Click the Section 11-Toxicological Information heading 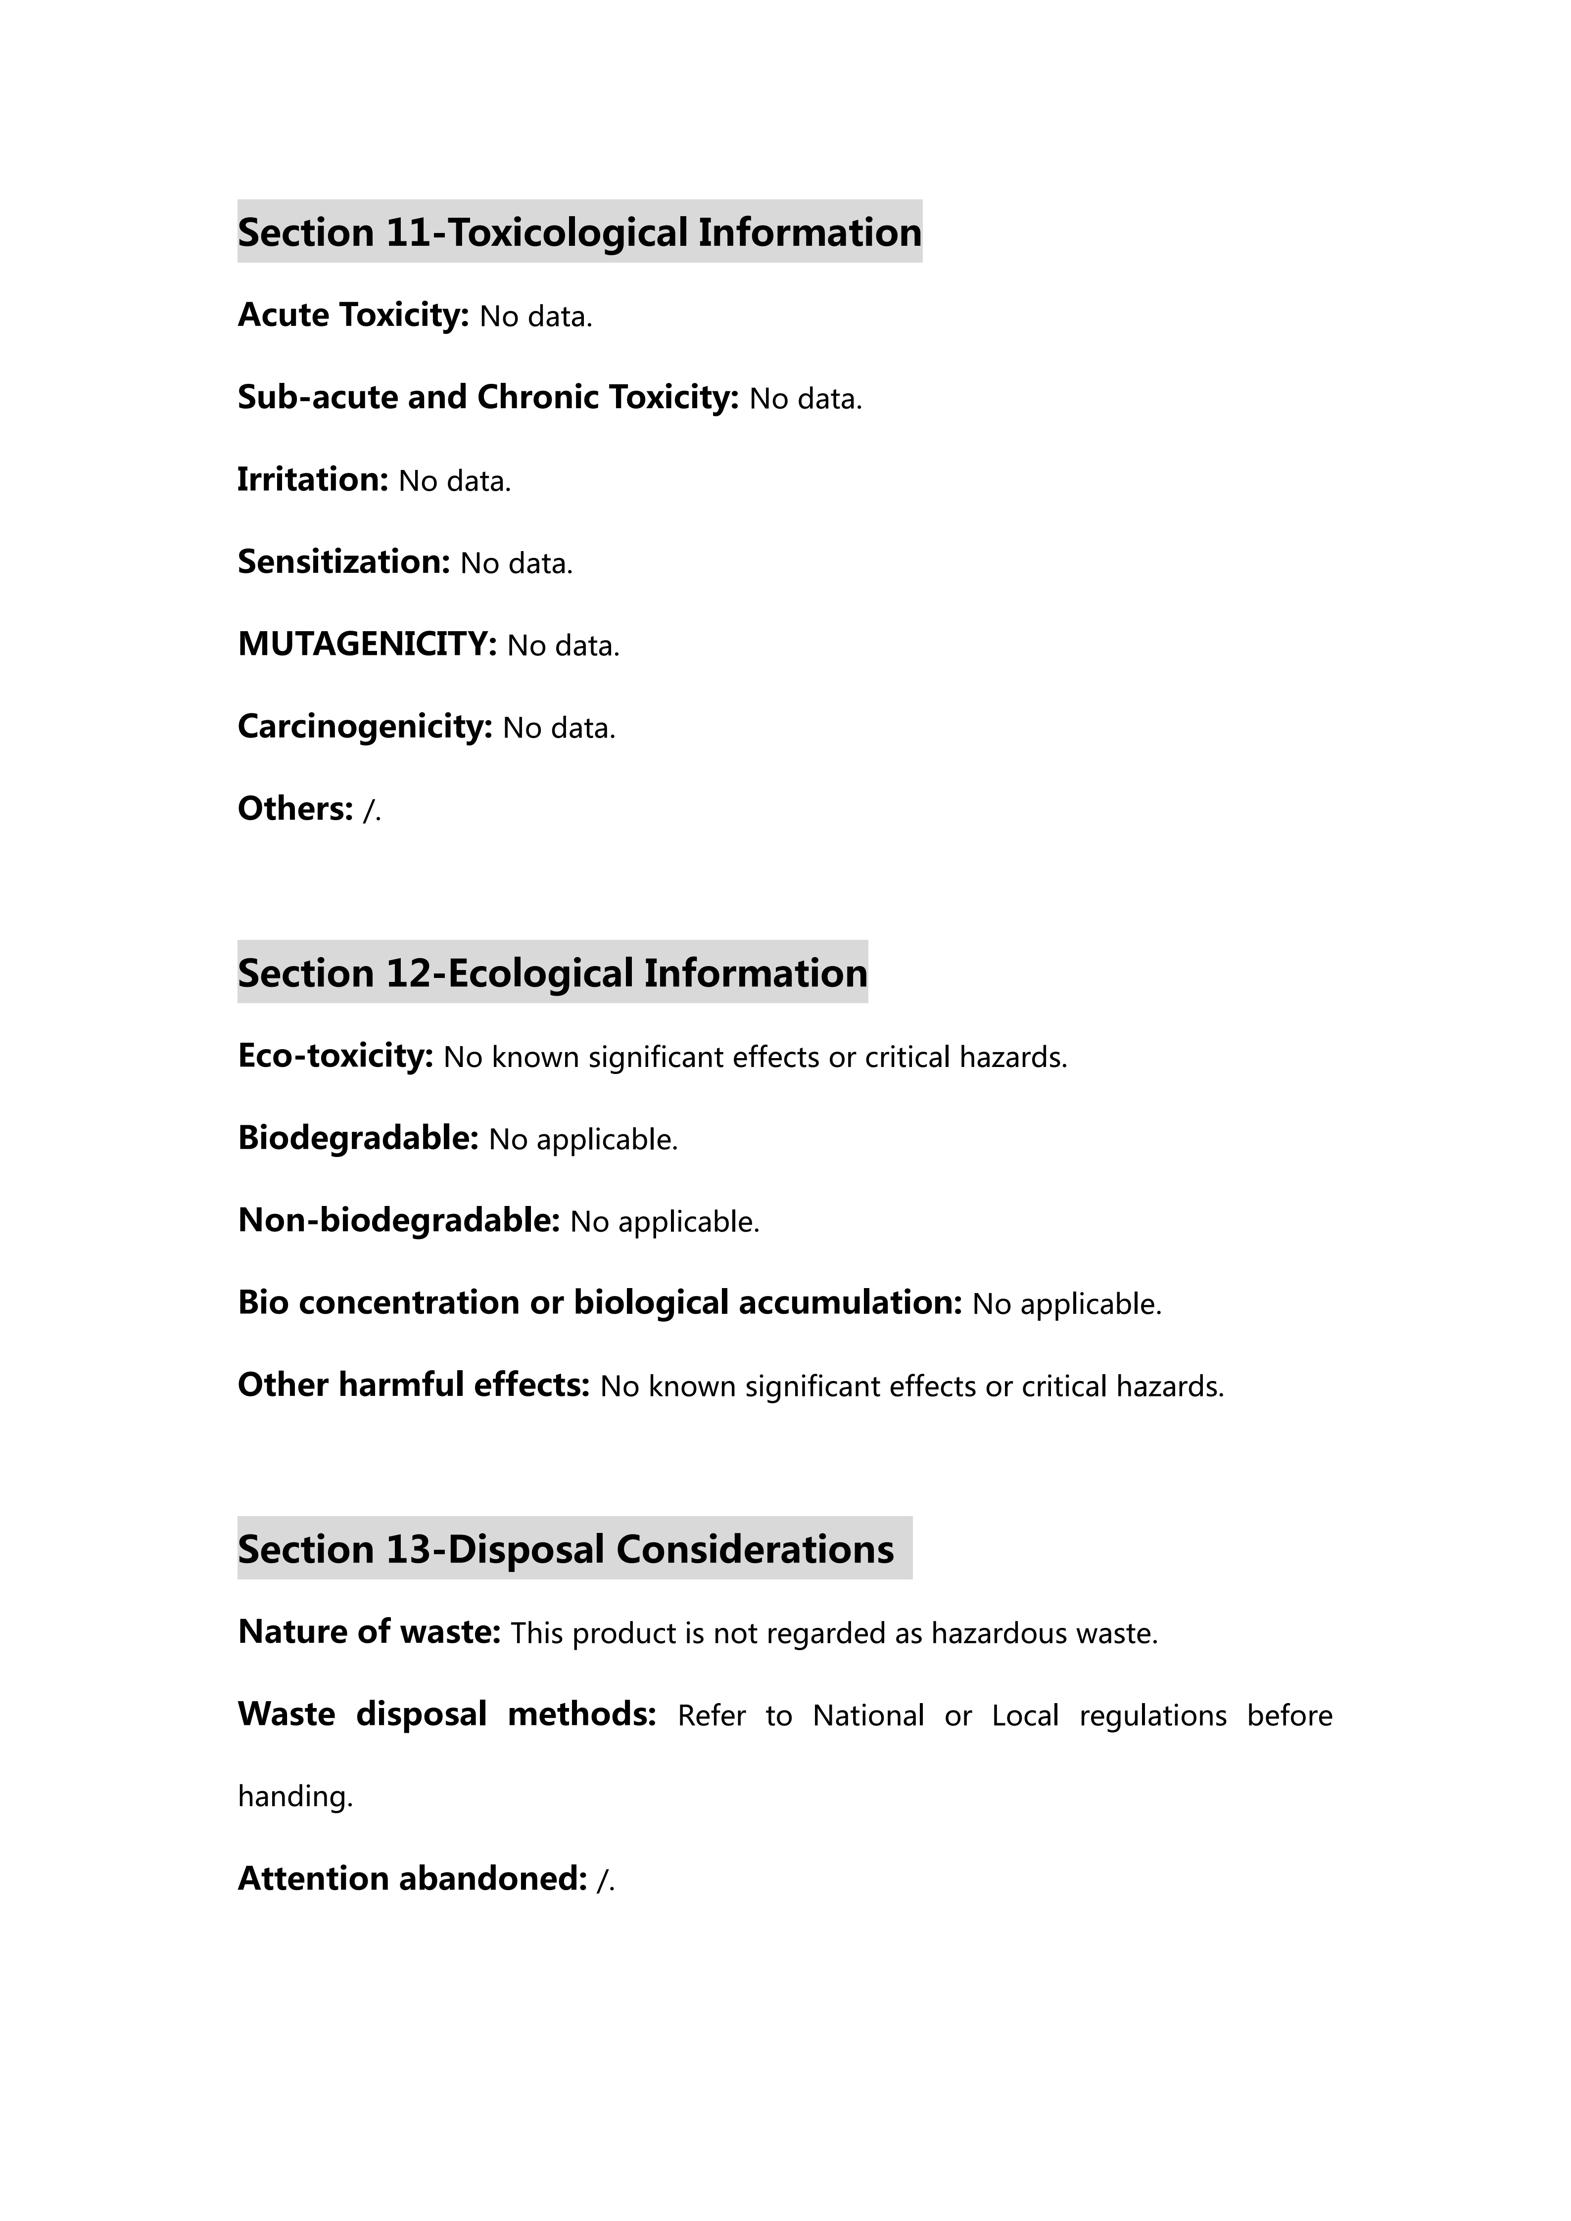click(579, 232)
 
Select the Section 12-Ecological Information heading click(552, 972)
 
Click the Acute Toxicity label click(353, 316)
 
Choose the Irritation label click(312, 480)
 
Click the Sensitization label click(343, 562)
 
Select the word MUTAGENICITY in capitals click(367, 644)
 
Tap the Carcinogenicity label click(365, 727)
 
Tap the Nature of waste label click(369, 1632)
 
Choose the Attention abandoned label click(412, 1879)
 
